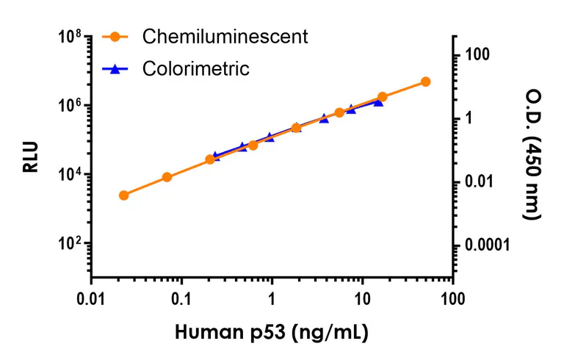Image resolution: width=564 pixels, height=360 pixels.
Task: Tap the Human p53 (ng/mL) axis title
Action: (271, 332)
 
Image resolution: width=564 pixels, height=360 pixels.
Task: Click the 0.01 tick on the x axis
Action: (91, 299)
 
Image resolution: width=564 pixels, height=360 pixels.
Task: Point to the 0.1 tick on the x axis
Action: (181, 299)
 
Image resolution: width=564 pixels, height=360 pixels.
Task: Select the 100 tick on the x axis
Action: (453, 299)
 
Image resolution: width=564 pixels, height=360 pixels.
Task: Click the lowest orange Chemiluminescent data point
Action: (123, 195)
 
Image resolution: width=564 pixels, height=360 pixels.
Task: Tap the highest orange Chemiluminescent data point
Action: (425, 82)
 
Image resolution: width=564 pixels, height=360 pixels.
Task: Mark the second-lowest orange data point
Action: (167, 177)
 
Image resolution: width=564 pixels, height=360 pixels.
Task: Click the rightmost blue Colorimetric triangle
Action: (378, 102)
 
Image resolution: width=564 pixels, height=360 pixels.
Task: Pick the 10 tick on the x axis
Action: (362, 299)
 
